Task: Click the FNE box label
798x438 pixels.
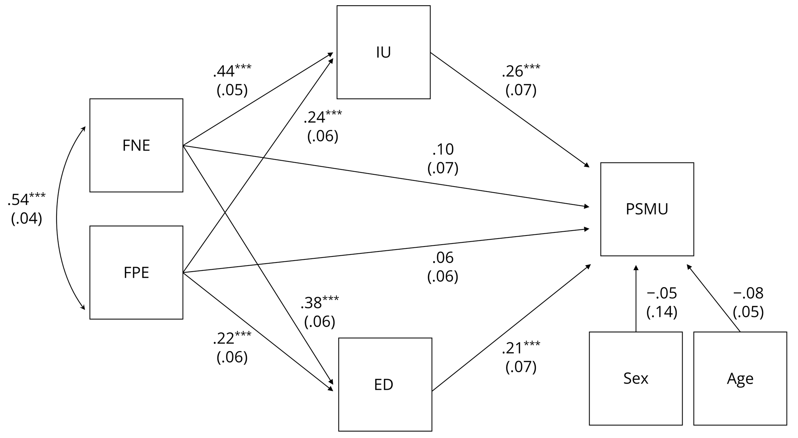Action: (136, 145)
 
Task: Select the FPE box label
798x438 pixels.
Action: (136, 273)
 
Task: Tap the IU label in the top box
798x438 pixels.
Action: (383, 52)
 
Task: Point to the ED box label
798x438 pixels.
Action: (383, 385)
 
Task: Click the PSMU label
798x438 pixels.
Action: (647, 209)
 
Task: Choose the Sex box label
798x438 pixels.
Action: (636, 378)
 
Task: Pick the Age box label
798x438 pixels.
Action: (740, 379)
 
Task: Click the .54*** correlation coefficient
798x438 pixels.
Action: (26, 199)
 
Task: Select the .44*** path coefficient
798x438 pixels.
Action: (232, 71)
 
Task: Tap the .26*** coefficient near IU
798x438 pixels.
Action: (521, 71)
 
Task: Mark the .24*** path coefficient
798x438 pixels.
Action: (323, 117)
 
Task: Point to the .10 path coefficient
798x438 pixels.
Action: (443, 150)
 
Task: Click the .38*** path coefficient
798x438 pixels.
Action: (320, 303)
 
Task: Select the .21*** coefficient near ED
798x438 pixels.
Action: (521, 348)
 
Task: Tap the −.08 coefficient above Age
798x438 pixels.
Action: (748, 293)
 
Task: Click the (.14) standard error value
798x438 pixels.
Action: (662, 312)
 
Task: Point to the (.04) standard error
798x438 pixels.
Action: (26, 218)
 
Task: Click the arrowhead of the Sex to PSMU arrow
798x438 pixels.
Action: (636, 268)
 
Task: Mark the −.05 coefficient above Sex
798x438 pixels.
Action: (662, 293)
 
